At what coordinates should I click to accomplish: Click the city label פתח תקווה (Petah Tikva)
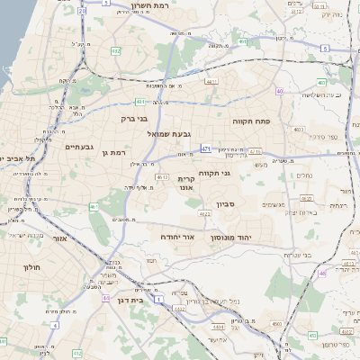pyautogui.click(x=256, y=120)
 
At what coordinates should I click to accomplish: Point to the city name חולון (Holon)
pyautogui.click(x=27, y=267)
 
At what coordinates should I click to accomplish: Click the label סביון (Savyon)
pyautogui.click(x=224, y=205)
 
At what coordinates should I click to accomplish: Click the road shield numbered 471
pyautogui.click(x=207, y=148)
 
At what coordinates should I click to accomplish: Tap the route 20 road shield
pyautogui.click(x=81, y=11)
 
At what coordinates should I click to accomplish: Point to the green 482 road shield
pyautogui.click(x=116, y=51)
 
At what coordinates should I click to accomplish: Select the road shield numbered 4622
pyautogui.click(x=204, y=214)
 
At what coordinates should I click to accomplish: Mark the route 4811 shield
pyautogui.click(x=211, y=82)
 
